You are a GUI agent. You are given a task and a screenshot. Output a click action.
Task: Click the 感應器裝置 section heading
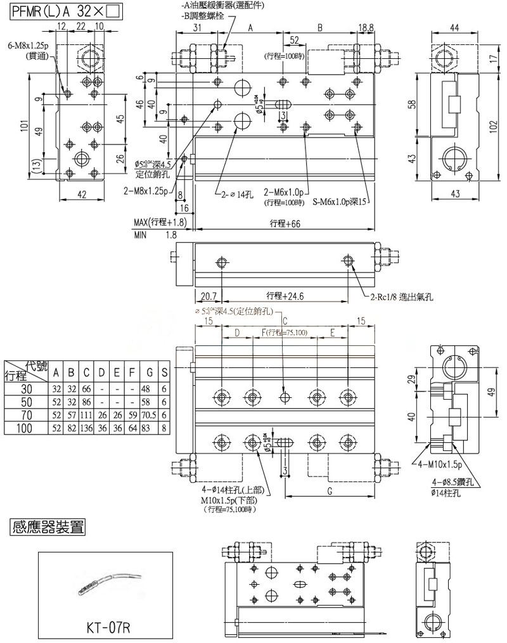coord(47,525)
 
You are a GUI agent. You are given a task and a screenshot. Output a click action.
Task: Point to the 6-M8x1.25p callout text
coord(27,46)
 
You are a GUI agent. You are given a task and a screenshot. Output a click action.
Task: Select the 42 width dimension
coord(82,195)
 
